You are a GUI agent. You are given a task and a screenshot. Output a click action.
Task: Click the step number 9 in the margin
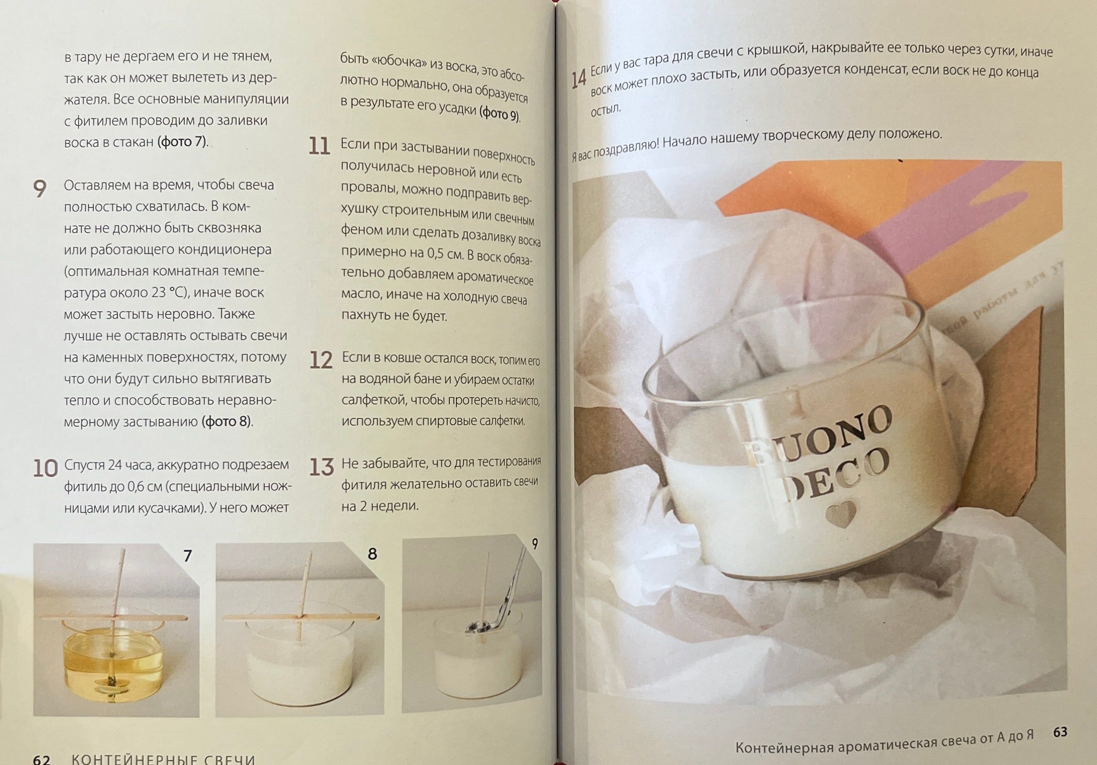tap(40, 189)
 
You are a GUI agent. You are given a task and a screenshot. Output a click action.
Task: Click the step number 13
tap(321, 467)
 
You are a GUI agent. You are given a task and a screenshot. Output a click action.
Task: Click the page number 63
tap(1060, 732)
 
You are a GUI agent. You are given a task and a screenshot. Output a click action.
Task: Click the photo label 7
tap(188, 556)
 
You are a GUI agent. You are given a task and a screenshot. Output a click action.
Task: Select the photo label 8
tap(372, 554)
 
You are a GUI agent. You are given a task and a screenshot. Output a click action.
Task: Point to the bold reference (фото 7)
tap(183, 142)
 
